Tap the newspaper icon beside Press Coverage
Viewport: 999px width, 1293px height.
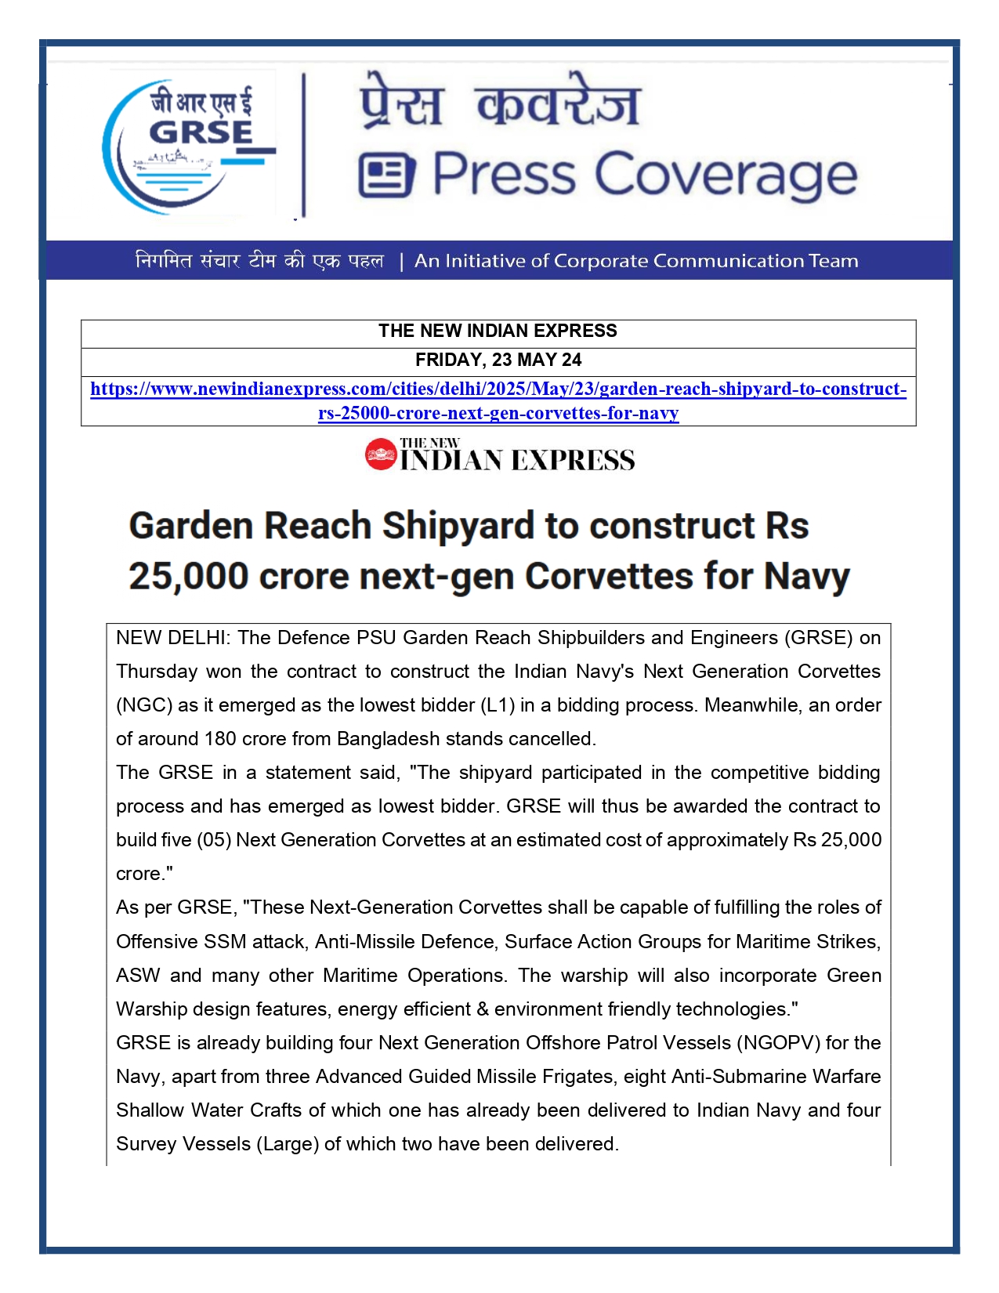pos(386,176)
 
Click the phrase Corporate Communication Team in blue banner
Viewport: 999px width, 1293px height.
pos(705,261)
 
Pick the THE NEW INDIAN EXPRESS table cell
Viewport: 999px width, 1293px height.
pos(498,331)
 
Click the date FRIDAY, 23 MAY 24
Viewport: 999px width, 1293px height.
pos(498,360)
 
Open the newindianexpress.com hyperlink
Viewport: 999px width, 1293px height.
pos(498,389)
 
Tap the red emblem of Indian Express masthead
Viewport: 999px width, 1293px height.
pos(381,455)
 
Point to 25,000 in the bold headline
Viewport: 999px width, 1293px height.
pos(188,577)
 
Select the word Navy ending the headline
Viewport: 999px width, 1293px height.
pos(806,577)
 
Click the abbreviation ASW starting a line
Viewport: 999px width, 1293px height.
pos(138,976)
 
